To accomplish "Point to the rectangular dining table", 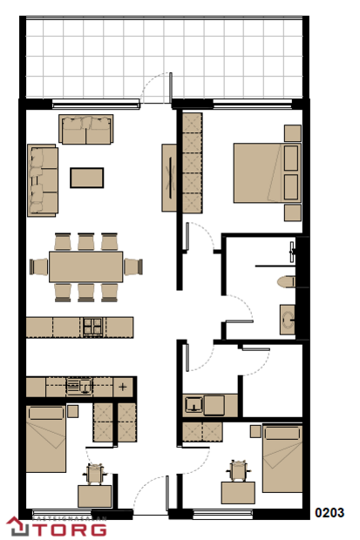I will pyautogui.click(x=85, y=267).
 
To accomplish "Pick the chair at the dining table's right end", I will pyautogui.click(x=133, y=267).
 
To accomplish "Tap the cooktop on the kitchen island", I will pyautogui.click(x=93, y=327).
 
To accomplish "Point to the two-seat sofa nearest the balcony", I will pyautogui.click(x=86, y=130).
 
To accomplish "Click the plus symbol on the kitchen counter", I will pyautogui.click(x=123, y=386).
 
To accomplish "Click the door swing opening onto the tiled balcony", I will pyautogui.click(x=157, y=87).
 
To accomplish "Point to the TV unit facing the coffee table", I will pyautogui.click(x=169, y=178).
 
